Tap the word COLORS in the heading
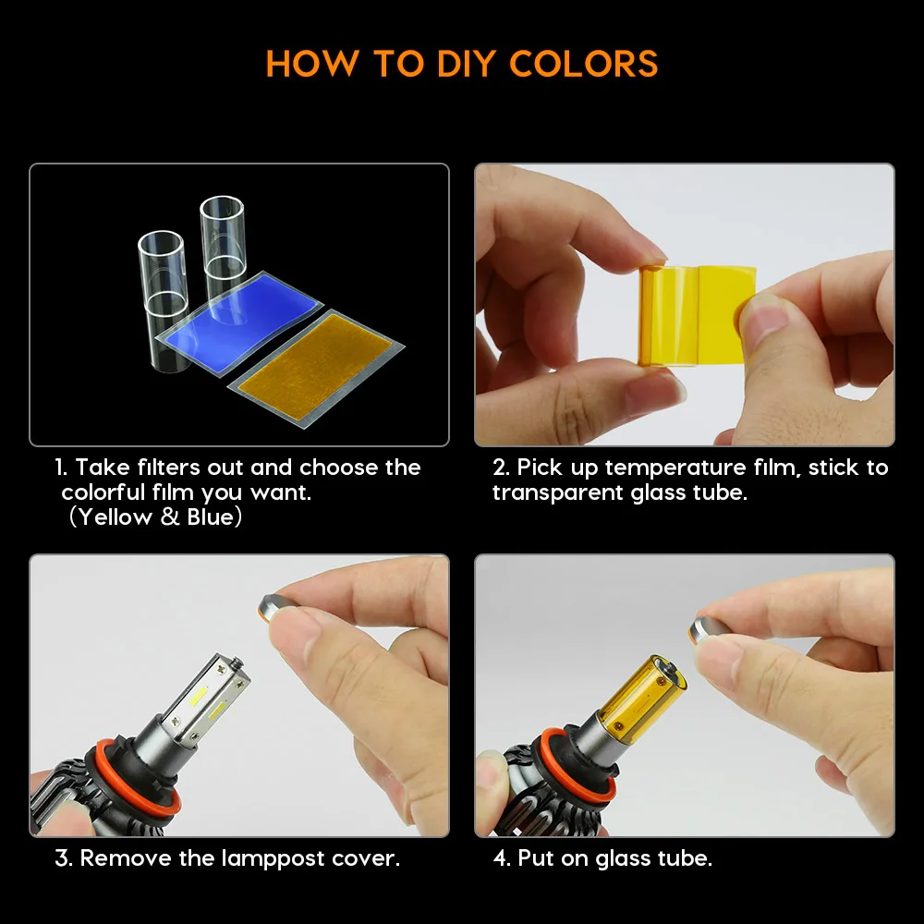point(583,64)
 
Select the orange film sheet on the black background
point(316,369)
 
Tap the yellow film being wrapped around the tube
point(697,315)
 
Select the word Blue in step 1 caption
point(211,517)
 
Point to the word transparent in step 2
point(557,492)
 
